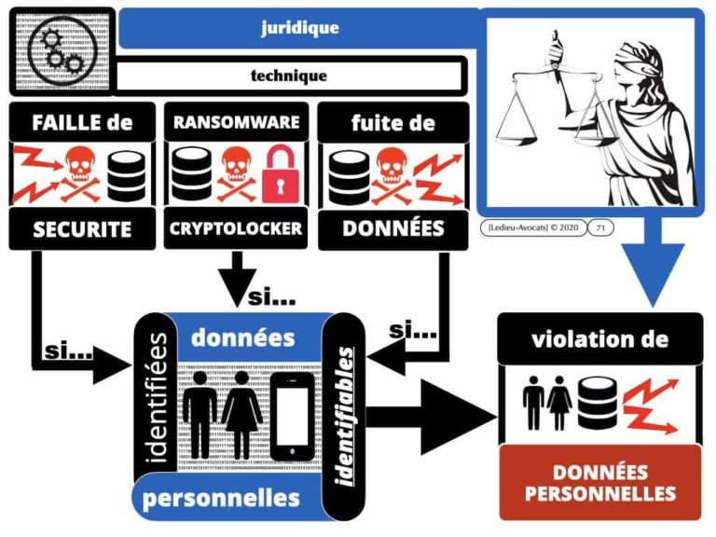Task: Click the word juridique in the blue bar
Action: [x=299, y=28]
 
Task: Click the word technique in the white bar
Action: [x=289, y=76]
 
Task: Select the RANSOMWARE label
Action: [x=237, y=122]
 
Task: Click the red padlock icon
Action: [x=279, y=174]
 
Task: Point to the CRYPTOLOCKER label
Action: [x=237, y=228]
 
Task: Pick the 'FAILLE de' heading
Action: [x=82, y=122]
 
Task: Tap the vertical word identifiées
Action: [x=158, y=401]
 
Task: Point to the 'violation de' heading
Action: [x=599, y=338]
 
